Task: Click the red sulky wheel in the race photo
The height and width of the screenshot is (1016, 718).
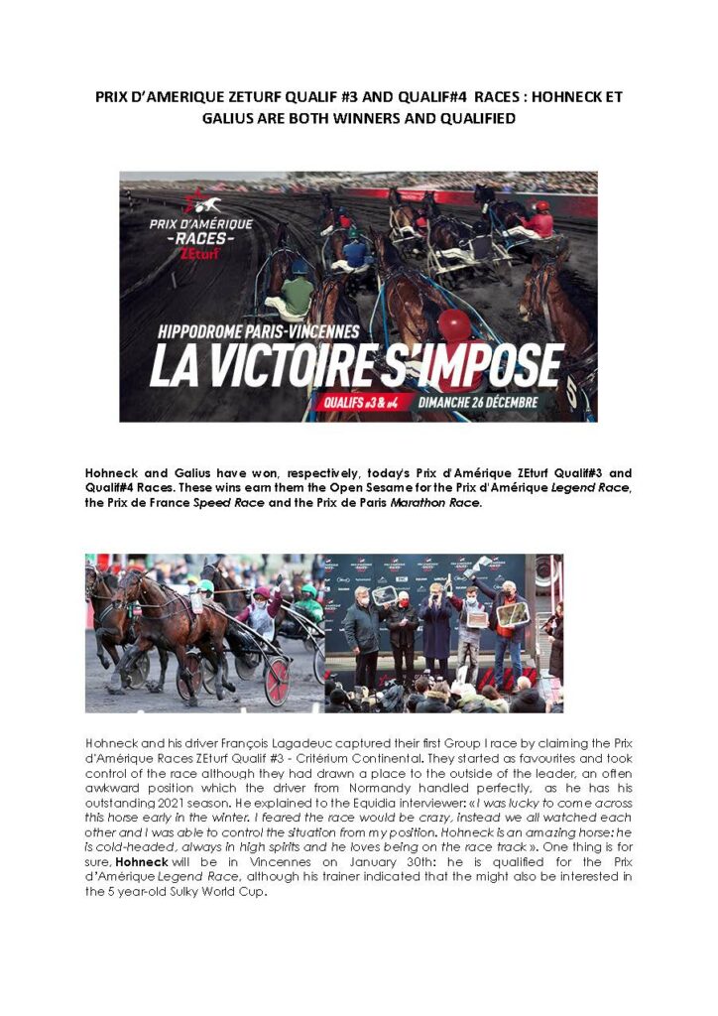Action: [277, 682]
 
